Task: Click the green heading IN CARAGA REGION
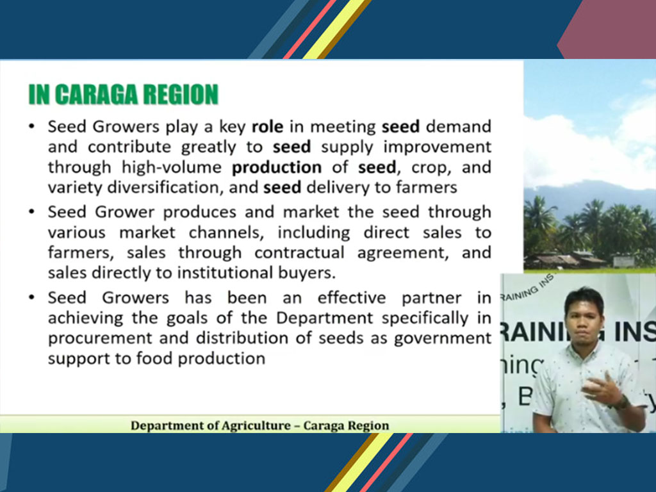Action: tap(124, 94)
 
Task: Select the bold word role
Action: tap(267, 126)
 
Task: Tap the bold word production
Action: tap(277, 168)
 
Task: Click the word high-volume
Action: tap(172, 167)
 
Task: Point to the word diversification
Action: tap(163, 188)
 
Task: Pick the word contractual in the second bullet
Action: tap(299, 252)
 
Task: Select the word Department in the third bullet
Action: tap(324, 318)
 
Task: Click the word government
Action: tap(443, 338)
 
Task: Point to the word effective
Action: tap(352, 297)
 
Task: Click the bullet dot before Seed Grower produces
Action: tap(32, 212)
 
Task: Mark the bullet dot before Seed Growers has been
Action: tap(32, 297)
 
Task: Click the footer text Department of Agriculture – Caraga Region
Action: tap(260, 425)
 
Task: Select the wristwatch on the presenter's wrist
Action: tap(623, 402)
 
